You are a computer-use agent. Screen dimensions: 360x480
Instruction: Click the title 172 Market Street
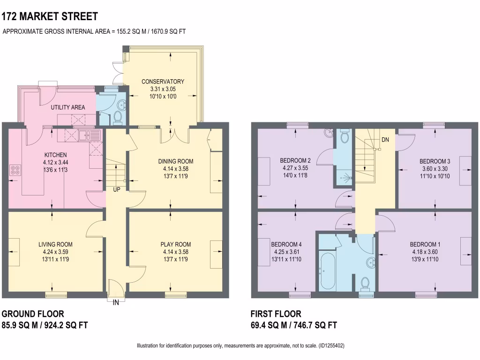point(50,17)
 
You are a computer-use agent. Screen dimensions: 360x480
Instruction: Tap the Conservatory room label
point(163,82)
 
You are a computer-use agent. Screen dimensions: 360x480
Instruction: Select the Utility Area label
point(68,107)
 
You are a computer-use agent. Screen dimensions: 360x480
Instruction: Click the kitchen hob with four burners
point(15,170)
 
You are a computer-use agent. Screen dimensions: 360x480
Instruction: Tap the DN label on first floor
point(385,140)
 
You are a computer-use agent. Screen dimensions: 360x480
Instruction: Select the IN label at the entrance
point(115,303)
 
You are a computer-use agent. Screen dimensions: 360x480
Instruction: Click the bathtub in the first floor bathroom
point(327,271)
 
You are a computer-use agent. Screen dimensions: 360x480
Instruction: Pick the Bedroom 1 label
point(425,244)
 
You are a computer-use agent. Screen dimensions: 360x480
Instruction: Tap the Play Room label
point(176,244)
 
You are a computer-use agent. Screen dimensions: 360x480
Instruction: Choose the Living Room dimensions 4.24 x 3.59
point(55,251)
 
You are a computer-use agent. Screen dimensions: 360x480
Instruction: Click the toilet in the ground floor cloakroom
point(117,117)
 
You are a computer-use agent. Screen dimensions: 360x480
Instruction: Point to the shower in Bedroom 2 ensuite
point(345,178)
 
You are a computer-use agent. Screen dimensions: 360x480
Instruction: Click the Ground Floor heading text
point(33,314)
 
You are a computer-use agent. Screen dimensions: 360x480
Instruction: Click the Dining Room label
point(175,161)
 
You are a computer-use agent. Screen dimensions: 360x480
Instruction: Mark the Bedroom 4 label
point(286,244)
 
